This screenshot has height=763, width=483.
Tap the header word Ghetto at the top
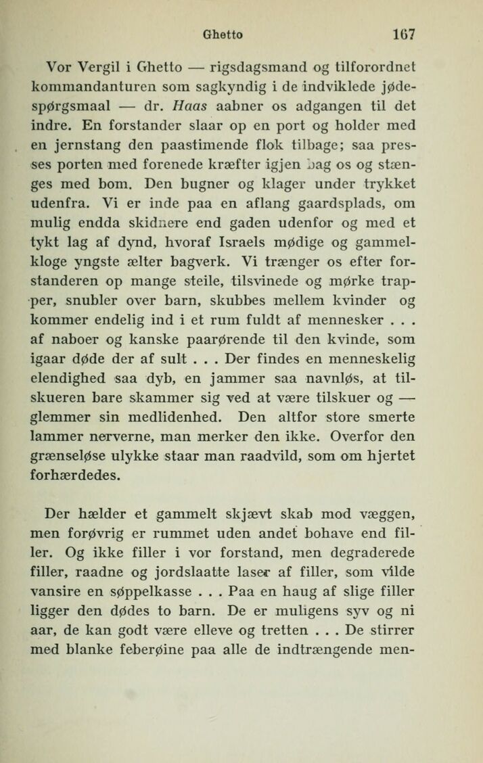(x=225, y=34)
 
